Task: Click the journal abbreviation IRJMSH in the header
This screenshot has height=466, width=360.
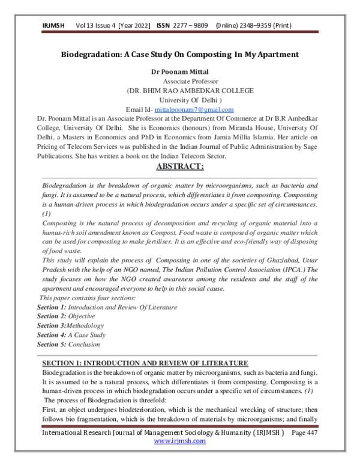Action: coord(52,26)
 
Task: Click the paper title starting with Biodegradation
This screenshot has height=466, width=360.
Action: coord(180,55)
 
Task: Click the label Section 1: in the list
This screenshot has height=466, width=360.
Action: coord(50,307)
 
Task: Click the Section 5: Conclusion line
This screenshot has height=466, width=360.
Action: coord(68,345)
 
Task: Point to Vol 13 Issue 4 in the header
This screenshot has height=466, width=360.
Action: coord(92,26)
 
